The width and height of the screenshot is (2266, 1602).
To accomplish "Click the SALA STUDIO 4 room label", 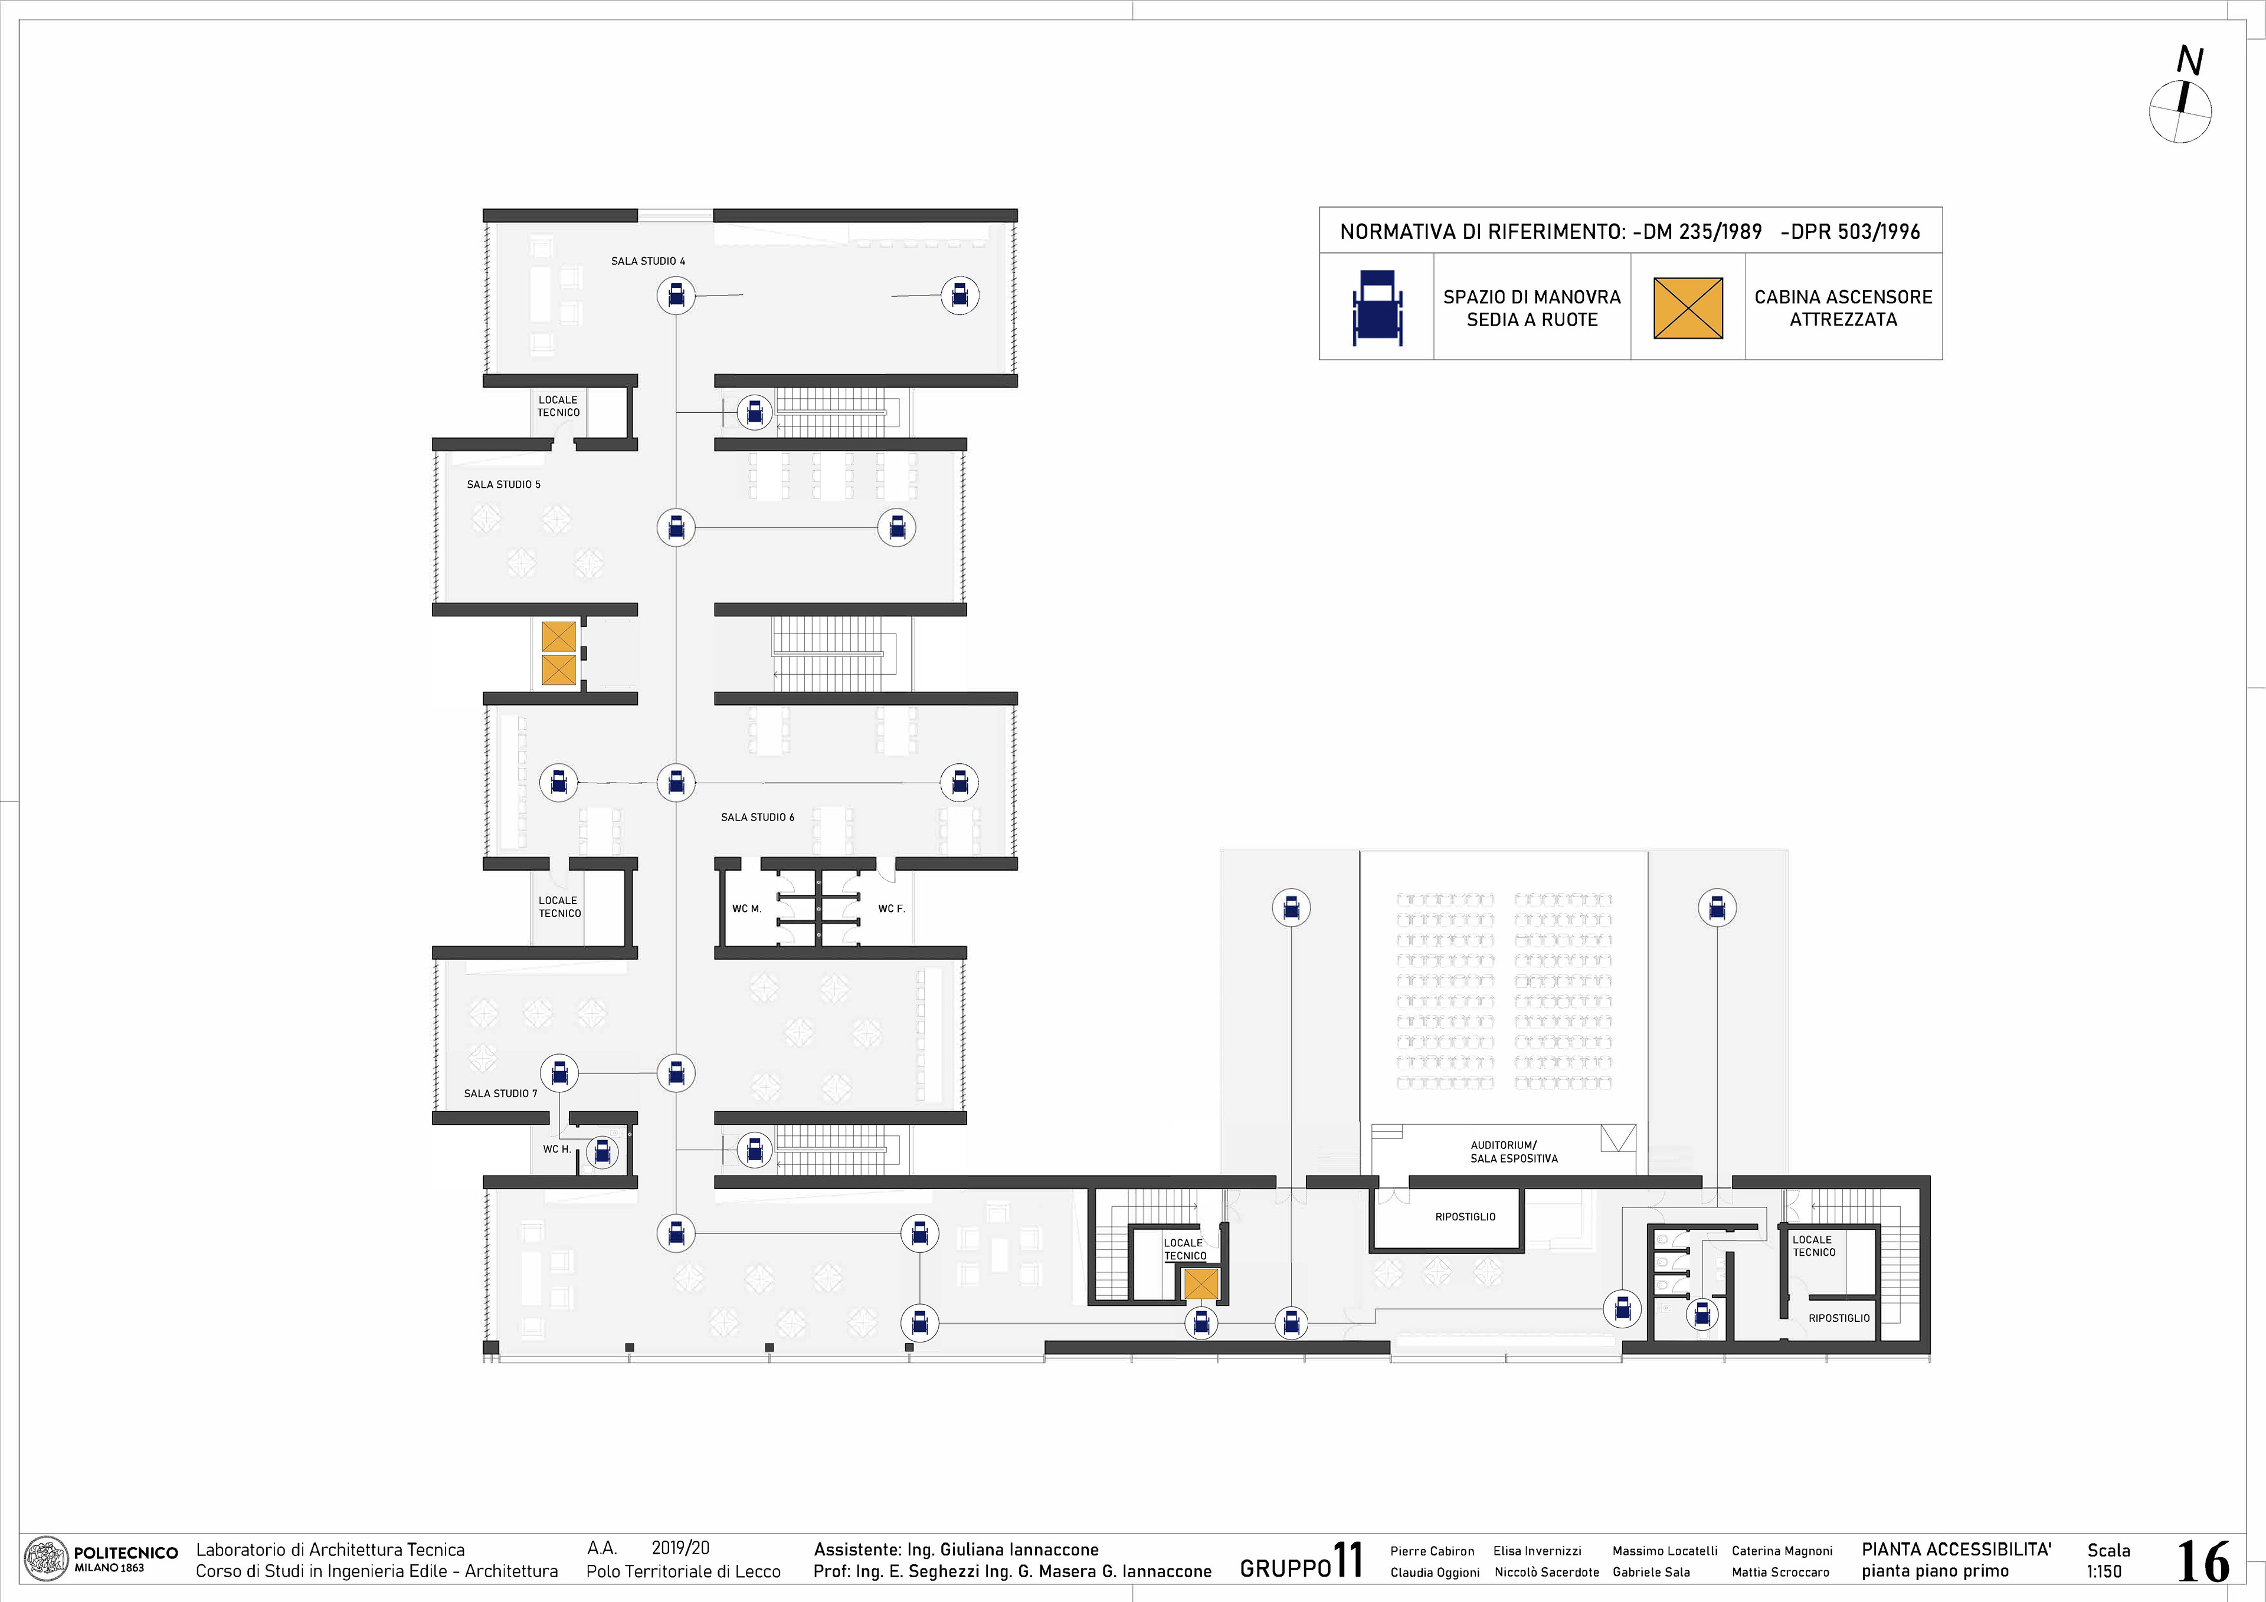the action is click(x=647, y=261).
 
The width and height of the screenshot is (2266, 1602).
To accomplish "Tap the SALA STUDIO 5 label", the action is click(x=503, y=484).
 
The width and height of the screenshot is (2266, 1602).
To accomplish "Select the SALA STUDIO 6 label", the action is click(x=757, y=818).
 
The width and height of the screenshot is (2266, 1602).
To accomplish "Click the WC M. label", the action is click(x=746, y=908).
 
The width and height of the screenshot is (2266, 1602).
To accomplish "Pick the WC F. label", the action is click(x=891, y=908).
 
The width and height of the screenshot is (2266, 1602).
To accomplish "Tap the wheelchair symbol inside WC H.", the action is click(x=602, y=1151).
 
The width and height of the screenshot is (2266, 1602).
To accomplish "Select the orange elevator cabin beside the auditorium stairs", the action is click(x=1201, y=1284).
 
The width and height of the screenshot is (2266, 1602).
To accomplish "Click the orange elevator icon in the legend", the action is click(x=1688, y=308).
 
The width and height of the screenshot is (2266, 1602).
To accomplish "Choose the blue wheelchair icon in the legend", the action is click(x=1377, y=308).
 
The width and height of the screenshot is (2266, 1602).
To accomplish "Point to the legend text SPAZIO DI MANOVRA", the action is click(x=1532, y=297).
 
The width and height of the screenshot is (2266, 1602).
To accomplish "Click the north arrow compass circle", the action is click(x=2179, y=111).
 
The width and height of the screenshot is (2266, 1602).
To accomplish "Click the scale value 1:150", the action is click(x=2104, y=1571).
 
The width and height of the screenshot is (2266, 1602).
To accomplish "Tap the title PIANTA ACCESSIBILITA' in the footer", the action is click(x=1956, y=1549).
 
